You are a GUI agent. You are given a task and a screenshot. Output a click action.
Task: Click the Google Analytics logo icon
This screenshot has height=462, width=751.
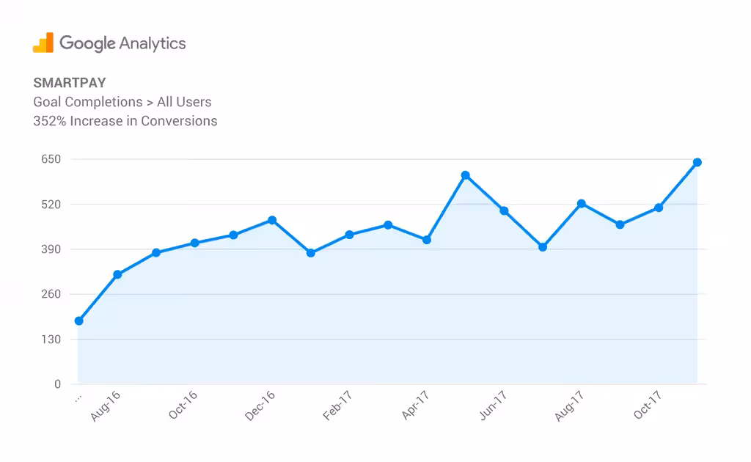[43, 43]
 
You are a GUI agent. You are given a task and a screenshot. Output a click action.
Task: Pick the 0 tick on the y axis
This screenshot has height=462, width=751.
[57, 384]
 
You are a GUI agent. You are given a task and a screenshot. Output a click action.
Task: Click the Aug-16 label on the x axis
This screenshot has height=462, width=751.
[106, 406]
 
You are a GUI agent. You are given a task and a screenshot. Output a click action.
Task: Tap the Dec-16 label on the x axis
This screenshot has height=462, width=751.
[260, 406]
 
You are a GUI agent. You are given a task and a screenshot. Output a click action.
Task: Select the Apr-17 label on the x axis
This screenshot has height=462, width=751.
[415, 406]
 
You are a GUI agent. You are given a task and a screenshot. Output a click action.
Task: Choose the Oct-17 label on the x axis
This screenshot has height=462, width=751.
[648, 406]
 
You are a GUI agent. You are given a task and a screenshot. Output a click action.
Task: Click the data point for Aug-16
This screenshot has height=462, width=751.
[117, 274]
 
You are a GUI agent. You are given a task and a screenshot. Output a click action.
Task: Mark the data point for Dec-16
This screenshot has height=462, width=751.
[272, 220]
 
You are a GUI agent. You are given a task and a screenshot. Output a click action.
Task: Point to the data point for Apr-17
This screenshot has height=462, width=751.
[427, 240]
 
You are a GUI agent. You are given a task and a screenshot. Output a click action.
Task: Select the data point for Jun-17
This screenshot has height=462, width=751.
[504, 210]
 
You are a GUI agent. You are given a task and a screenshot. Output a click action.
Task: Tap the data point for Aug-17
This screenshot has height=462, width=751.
[582, 203]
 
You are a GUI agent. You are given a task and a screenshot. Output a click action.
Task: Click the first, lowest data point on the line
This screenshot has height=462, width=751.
[78, 320]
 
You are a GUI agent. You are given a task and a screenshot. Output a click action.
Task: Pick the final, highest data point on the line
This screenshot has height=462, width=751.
[697, 162]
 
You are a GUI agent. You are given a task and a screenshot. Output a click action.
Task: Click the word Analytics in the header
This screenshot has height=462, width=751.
[153, 43]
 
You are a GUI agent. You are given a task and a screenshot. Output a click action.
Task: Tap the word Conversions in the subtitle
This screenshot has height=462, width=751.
[179, 121]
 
